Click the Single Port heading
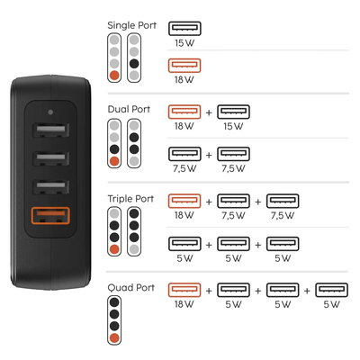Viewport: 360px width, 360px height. click(x=131, y=25)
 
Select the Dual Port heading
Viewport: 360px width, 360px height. click(x=129, y=110)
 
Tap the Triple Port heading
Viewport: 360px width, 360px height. click(x=130, y=198)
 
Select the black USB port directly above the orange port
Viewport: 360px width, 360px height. click(x=48, y=189)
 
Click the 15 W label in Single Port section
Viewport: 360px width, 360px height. click(x=184, y=42)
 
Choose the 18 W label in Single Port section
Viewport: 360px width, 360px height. click(x=184, y=79)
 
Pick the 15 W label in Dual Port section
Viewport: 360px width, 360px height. click(x=233, y=127)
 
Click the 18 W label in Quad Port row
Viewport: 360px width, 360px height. click(x=184, y=304)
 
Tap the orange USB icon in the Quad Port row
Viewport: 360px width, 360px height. click(x=184, y=290)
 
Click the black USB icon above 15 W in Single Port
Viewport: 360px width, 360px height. click(x=184, y=28)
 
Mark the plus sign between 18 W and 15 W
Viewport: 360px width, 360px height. click(x=209, y=113)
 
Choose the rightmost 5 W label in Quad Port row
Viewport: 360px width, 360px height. click(x=330, y=304)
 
